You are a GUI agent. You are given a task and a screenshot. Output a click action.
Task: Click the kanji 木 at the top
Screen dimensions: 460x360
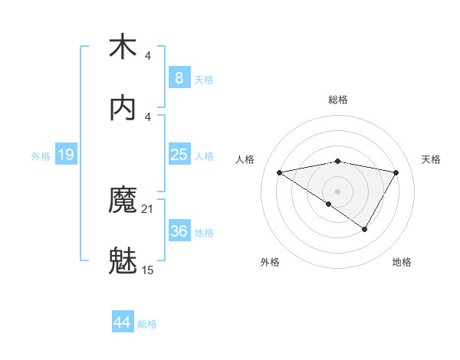click(123, 47)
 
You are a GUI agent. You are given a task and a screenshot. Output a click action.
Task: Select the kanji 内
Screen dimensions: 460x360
click(123, 108)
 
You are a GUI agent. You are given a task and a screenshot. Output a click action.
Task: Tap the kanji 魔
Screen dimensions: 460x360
click(123, 201)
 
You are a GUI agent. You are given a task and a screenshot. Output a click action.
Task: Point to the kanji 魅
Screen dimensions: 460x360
click(123, 261)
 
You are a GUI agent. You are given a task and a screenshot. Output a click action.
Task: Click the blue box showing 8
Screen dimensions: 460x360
click(179, 77)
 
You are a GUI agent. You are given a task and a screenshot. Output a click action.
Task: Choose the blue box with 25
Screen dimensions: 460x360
click(179, 155)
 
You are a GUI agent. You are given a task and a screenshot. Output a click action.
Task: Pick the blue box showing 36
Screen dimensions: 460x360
click(179, 231)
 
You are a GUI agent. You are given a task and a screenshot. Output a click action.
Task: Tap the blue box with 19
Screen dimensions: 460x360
click(66, 155)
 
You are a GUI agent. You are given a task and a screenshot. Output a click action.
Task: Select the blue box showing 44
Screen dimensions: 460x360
click(122, 322)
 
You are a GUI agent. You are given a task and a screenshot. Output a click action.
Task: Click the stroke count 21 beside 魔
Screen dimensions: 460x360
click(148, 209)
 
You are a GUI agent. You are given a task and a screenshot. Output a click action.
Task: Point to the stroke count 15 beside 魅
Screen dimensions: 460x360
click(148, 270)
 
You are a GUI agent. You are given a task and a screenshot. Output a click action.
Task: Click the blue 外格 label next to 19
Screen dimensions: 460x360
click(41, 155)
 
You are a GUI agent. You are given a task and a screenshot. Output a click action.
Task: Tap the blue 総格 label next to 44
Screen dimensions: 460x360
click(147, 324)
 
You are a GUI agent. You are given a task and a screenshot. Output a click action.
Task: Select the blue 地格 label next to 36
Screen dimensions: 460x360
click(204, 233)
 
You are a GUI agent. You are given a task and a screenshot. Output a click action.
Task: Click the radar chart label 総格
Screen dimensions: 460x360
click(338, 100)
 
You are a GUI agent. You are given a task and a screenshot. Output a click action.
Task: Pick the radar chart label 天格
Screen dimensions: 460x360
click(431, 159)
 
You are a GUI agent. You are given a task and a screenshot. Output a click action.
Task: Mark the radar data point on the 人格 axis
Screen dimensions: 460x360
click(280, 172)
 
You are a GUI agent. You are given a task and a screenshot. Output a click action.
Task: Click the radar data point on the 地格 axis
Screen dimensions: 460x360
click(365, 229)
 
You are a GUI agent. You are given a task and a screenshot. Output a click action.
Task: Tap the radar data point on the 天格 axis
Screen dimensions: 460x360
click(396, 172)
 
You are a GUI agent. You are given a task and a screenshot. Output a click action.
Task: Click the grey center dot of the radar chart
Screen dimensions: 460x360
click(338, 191)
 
